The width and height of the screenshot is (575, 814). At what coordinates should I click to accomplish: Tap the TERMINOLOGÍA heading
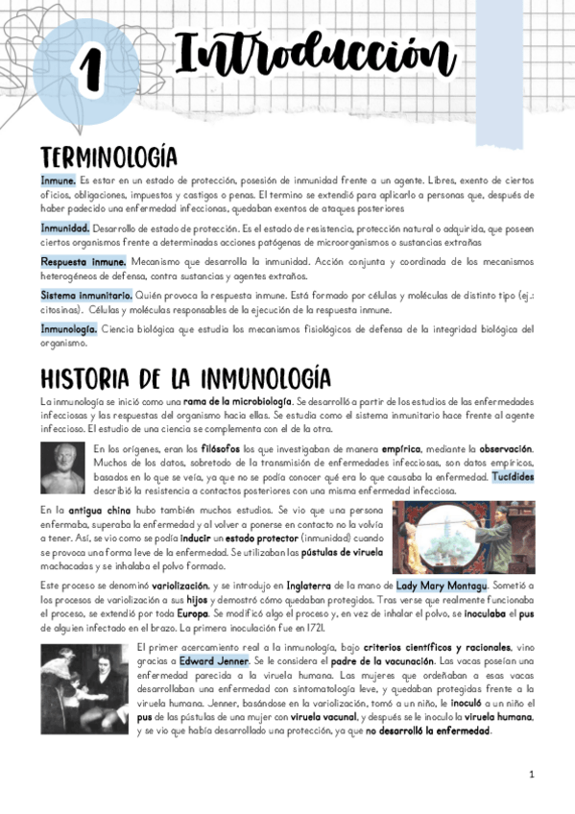[x=108, y=157]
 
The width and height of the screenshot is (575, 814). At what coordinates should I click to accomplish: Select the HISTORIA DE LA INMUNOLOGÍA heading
[x=185, y=377]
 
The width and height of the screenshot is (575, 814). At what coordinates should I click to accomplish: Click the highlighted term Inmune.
[x=59, y=180]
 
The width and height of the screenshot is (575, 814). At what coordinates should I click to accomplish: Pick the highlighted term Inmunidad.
[x=65, y=228]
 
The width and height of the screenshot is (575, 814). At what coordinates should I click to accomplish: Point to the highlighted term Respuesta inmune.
[x=84, y=260]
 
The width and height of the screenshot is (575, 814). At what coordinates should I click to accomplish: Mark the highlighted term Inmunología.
[x=68, y=328]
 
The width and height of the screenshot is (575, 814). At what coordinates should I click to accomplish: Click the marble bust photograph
[x=64, y=467]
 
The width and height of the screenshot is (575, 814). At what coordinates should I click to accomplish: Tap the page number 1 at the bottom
[x=531, y=774]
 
